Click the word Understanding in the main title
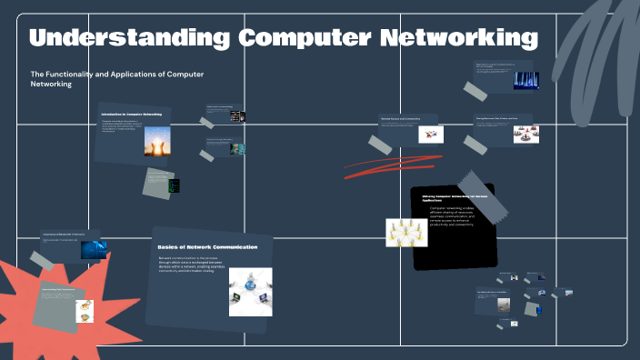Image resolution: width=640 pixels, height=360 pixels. (x=128, y=39)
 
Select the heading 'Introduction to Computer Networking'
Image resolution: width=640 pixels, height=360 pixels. (x=132, y=115)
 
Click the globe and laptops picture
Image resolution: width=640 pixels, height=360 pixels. (x=250, y=291)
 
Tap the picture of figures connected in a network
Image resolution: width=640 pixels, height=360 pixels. (x=405, y=234)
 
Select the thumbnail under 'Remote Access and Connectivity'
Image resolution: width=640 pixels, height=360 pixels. (x=430, y=134)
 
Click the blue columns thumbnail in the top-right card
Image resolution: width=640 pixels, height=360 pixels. (x=526, y=80)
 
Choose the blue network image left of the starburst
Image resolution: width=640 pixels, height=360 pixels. (x=93, y=249)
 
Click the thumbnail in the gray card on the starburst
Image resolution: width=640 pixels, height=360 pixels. (x=83, y=309)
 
